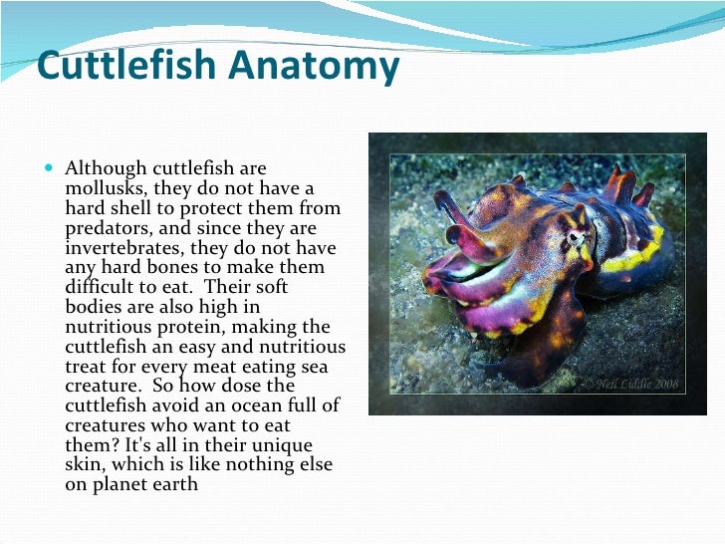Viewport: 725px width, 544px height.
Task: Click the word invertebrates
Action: click(x=123, y=248)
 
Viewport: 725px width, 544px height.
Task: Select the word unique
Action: click(x=284, y=444)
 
